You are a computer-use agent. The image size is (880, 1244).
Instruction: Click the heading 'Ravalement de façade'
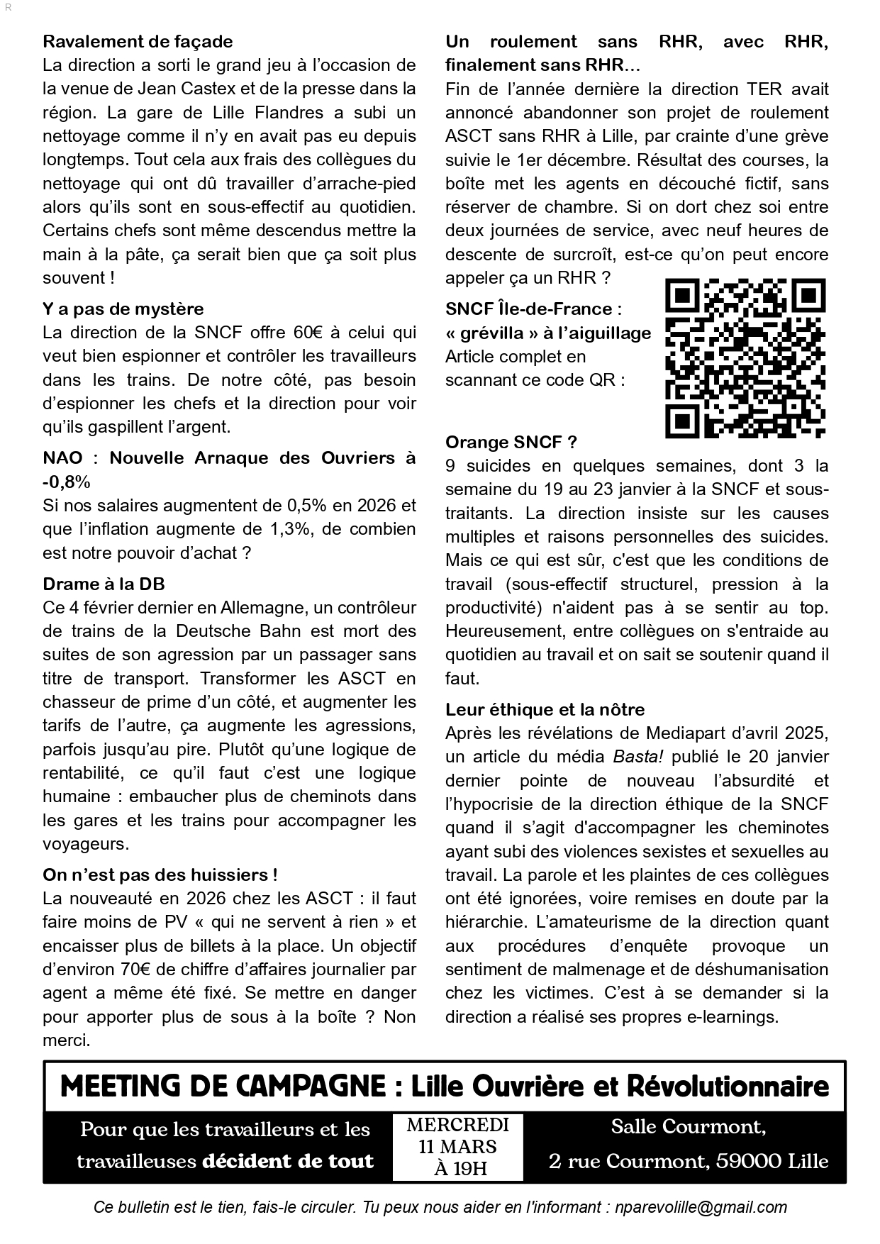138,42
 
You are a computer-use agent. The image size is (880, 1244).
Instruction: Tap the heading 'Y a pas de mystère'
123,309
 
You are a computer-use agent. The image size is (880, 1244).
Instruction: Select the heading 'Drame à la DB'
104,584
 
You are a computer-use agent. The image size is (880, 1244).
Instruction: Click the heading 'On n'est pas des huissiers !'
160,875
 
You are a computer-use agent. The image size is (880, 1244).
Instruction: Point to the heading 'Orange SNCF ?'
511,443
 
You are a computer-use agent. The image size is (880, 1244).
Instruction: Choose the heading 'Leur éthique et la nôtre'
545,710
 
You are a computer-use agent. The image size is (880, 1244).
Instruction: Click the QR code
745,358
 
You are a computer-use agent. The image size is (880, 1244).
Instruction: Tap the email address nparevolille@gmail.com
700,1207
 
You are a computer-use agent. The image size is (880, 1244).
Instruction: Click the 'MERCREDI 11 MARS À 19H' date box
457,1146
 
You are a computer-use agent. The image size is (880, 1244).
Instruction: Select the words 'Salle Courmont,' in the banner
688,1126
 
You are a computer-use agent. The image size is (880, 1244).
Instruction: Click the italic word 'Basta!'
637,757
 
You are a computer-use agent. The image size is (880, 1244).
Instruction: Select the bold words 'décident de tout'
287,1162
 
